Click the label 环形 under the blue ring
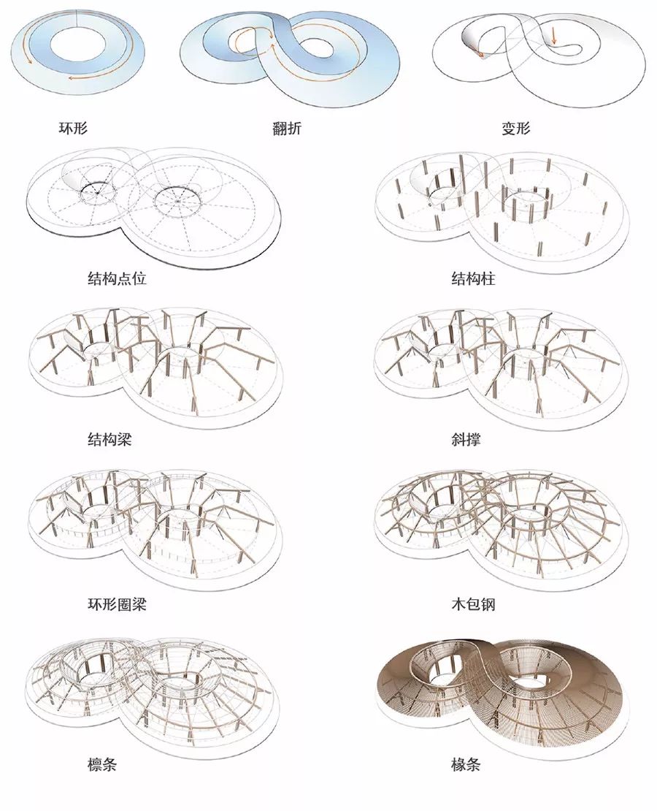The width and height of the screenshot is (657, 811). tap(73, 127)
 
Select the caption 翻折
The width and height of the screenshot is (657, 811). tap(287, 128)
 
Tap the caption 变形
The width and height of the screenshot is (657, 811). tap(516, 128)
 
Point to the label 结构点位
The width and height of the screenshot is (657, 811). tap(117, 279)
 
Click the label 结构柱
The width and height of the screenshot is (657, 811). tap(473, 279)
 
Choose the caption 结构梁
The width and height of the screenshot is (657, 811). tap(109, 440)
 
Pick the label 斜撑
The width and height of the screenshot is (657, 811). tap(466, 440)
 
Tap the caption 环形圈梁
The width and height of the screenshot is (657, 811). tap(117, 604)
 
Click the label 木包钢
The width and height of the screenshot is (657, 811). tap(473, 604)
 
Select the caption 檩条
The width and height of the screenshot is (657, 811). tap(101, 764)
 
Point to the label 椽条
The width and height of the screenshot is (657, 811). tap(466, 764)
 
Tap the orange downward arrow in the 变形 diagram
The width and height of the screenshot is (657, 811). tap(553, 35)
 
